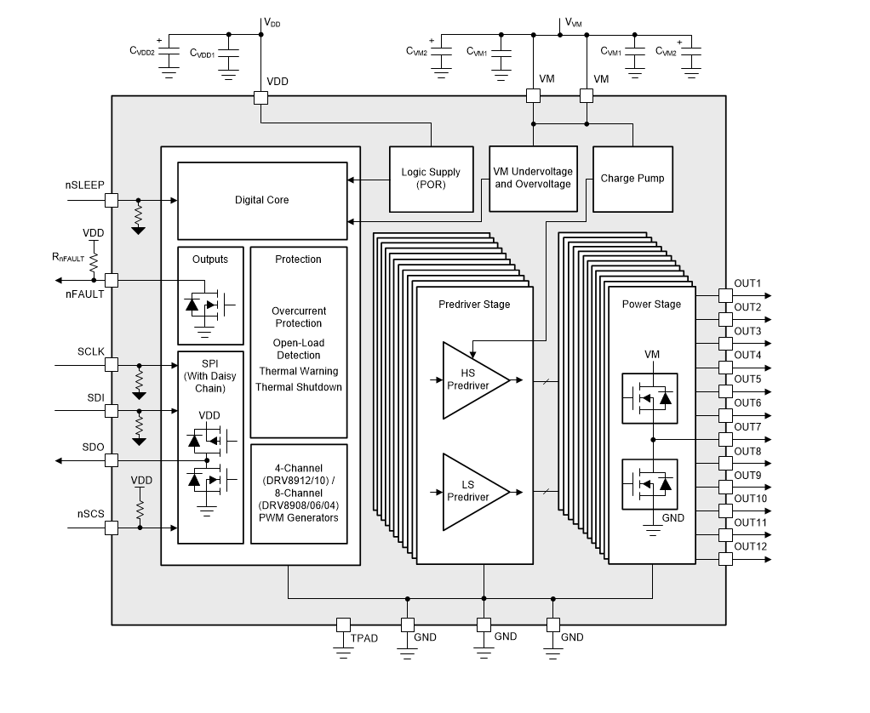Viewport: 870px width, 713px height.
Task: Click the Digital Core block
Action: point(261,200)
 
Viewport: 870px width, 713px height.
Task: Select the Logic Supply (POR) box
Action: point(431,179)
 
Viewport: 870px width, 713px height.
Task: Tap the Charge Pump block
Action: point(632,179)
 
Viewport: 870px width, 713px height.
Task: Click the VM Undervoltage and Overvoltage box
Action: point(532,178)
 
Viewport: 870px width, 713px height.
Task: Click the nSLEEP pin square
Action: point(111,200)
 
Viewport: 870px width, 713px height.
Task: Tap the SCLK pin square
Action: point(111,364)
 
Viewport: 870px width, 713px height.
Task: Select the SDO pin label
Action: point(93,447)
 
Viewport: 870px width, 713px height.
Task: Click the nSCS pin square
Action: point(111,528)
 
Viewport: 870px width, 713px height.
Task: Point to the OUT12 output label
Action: point(750,546)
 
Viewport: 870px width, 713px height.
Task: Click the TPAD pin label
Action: point(364,637)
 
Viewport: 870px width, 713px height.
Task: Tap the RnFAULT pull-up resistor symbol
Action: point(94,257)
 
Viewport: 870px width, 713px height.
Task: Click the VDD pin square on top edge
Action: point(261,98)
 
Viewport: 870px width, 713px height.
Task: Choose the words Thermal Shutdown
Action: point(299,387)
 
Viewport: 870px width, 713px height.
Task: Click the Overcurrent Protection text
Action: point(298,317)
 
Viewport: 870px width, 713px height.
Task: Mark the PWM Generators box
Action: point(299,493)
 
